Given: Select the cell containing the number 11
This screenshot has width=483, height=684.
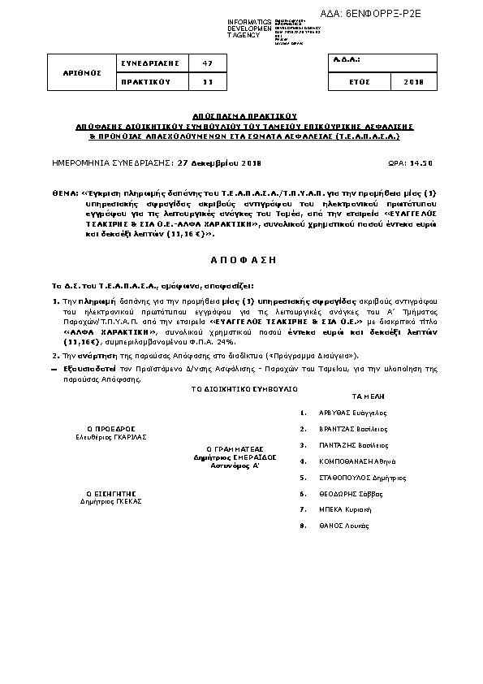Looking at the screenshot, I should (207, 81).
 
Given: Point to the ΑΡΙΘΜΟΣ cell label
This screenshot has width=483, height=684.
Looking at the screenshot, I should (82, 71).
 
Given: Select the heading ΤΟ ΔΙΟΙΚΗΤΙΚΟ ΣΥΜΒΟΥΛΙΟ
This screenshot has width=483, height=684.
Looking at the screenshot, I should (244, 390).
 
